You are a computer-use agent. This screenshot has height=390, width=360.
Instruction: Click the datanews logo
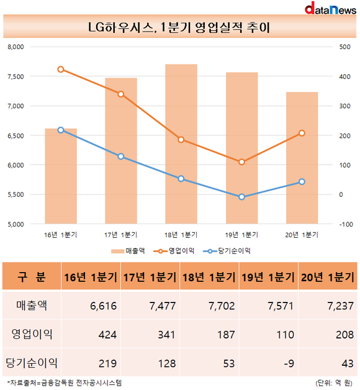click(x=330, y=8)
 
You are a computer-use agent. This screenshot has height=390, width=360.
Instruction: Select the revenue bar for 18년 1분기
click(x=181, y=144)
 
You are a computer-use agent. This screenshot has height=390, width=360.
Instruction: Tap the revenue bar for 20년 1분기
click(x=302, y=158)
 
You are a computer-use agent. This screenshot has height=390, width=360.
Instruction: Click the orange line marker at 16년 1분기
click(x=61, y=70)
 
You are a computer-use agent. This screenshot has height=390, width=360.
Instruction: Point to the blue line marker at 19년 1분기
click(x=241, y=197)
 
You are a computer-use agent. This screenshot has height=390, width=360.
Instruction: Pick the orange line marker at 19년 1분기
click(x=241, y=162)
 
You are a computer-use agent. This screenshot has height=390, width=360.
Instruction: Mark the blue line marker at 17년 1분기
click(x=121, y=156)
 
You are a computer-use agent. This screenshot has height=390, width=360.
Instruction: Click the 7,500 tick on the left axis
click(x=16, y=76)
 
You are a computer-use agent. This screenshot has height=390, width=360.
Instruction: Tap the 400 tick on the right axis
click(x=344, y=76)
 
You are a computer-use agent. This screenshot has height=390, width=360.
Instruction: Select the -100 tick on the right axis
click(x=346, y=224)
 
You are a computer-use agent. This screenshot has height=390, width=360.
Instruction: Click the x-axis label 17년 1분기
click(x=121, y=235)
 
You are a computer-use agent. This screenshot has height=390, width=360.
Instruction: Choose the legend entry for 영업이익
click(x=174, y=251)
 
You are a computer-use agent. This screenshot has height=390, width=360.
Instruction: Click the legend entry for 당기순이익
click(x=227, y=251)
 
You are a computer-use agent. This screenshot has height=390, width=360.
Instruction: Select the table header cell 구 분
click(x=32, y=276)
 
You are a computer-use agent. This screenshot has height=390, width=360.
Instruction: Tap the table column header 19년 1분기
click(x=269, y=276)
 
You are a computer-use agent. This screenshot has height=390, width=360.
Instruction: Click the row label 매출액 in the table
click(x=32, y=306)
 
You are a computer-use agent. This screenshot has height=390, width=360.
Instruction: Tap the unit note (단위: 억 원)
click(x=334, y=383)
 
